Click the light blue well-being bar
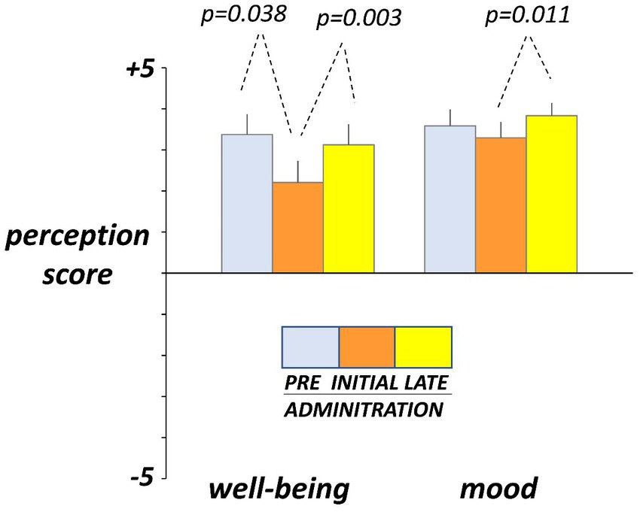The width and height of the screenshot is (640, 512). pyautogui.click(x=246, y=203)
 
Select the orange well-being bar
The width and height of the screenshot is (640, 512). pyautogui.click(x=297, y=227)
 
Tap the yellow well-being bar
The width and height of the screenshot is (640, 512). pyautogui.click(x=349, y=208)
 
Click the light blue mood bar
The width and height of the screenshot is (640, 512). pyautogui.click(x=450, y=199)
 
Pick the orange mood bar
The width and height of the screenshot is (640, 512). pyautogui.click(x=501, y=204)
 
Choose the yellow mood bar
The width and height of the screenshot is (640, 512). pyautogui.click(x=551, y=194)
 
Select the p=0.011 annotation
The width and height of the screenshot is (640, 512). pyautogui.click(x=527, y=16)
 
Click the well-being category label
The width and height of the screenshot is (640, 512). pyautogui.click(x=279, y=489)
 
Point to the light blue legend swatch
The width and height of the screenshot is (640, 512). pyautogui.click(x=310, y=345)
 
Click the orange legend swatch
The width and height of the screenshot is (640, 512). pyautogui.click(x=367, y=345)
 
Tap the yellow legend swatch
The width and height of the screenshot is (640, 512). pyautogui.click(x=423, y=345)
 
